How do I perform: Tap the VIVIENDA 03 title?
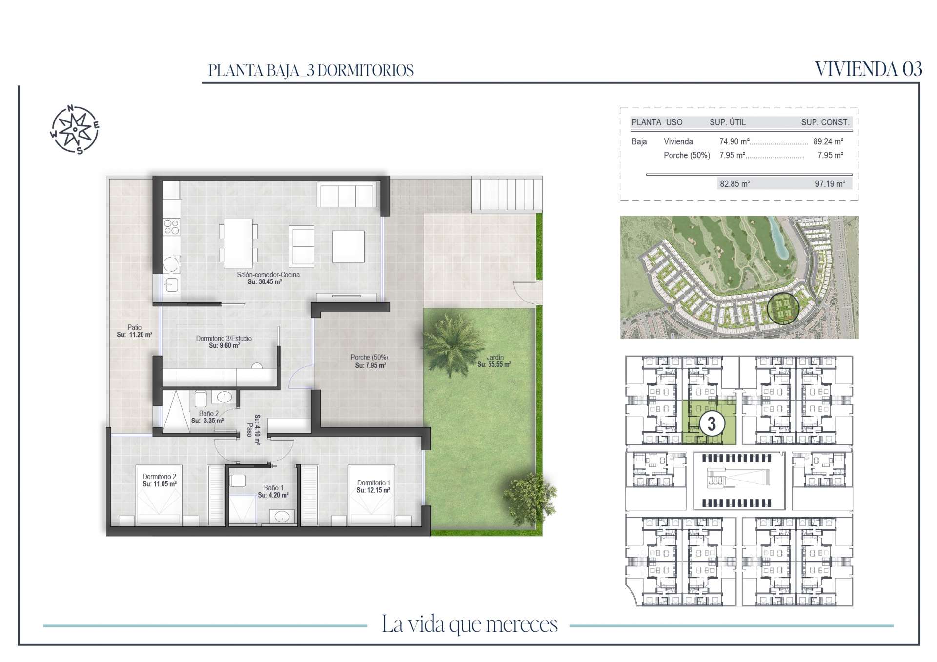pos(869,69)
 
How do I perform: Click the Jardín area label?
pos(495,357)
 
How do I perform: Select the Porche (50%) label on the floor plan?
pos(369,358)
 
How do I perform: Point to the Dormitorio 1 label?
pos(373,483)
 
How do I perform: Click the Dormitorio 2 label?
pos(159,477)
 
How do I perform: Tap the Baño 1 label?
pos(273,488)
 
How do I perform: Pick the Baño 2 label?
pos(209,414)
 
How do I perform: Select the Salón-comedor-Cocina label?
pos(268,275)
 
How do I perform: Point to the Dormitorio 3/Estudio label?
pos(224,338)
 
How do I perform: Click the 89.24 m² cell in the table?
pos(828,141)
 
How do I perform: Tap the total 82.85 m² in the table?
pos(735,184)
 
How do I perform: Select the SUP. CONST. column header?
pos(825,122)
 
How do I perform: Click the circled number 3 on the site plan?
pos(712,423)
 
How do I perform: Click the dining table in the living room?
pos(238,243)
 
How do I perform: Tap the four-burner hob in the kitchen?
pos(171,227)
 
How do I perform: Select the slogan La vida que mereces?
pos(469,624)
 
